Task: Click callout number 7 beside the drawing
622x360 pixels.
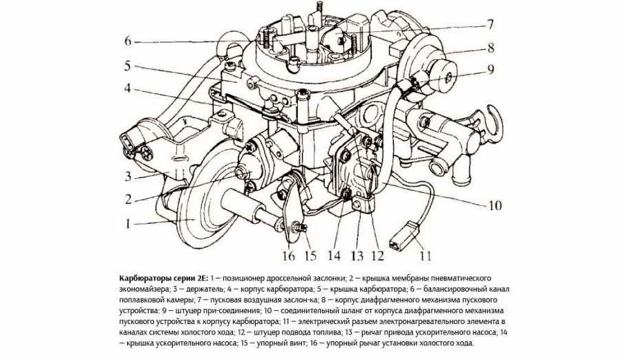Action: click(x=490, y=25)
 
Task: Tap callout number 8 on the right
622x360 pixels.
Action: click(x=491, y=48)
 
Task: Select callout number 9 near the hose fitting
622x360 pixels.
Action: click(x=491, y=70)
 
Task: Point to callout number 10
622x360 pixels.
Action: click(x=494, y=205)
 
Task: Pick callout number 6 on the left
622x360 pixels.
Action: click(x=127, y=41)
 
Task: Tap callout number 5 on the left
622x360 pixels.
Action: click(x=127, y=66)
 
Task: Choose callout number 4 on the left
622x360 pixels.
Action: click(x=127, y=88)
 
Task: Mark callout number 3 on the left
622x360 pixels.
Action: click(x=128, y=176)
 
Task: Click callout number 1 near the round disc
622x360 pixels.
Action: click(x=128, y=224)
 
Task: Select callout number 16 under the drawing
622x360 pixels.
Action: click(x=288, y=256)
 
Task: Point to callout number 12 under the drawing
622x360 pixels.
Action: click(x=377, y=256)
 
